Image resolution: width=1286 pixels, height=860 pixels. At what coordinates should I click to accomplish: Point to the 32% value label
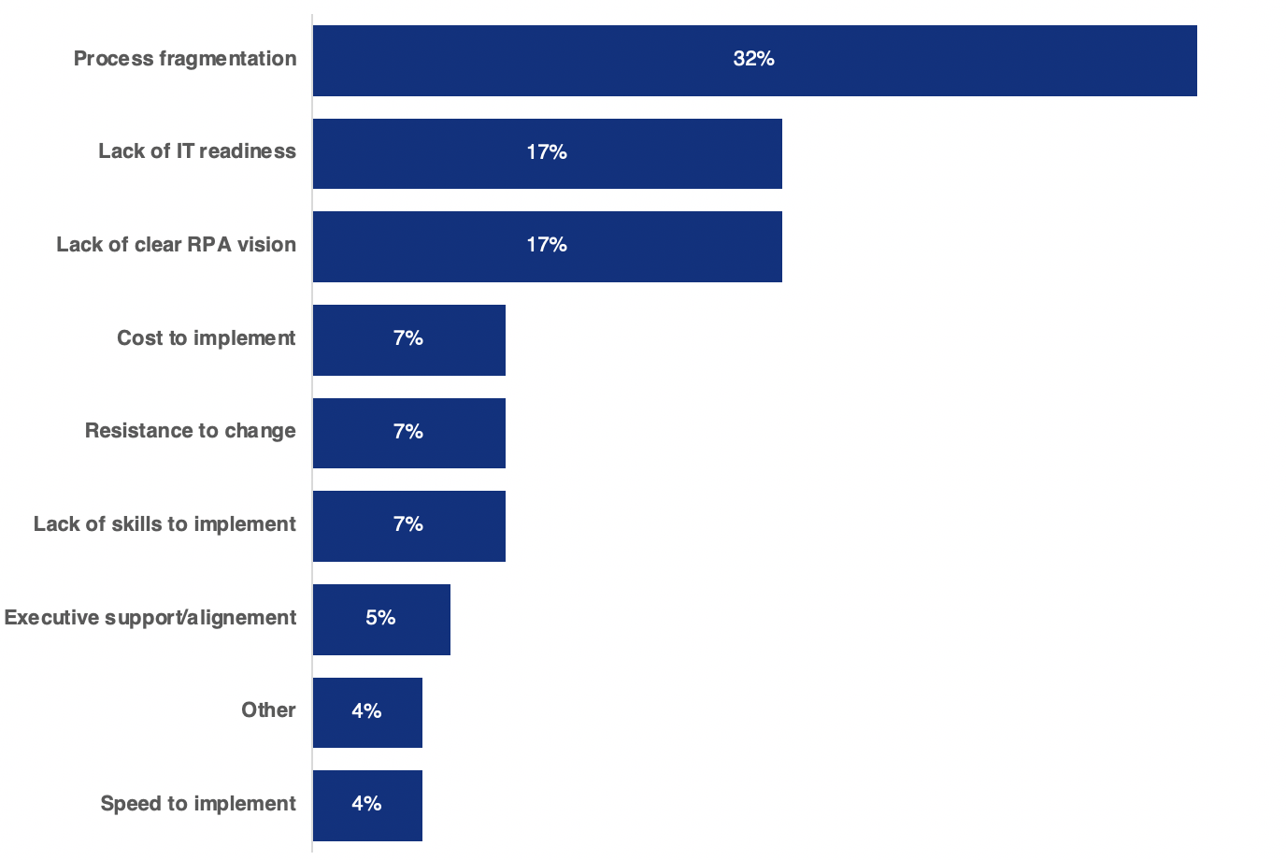tap(753, 59)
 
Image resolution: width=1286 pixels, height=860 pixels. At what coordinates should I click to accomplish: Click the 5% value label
tap(380, 618)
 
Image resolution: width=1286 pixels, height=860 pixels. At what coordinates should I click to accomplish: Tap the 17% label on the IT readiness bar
tap(547, 152)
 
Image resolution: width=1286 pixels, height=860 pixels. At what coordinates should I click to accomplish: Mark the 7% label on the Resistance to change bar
tap(408, 432)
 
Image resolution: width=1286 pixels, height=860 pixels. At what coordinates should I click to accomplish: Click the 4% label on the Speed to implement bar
tap(366, 804)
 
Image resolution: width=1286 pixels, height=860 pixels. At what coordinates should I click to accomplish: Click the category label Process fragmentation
tap(185, 59)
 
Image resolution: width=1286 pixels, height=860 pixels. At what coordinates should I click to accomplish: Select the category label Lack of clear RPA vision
tap(176, 245)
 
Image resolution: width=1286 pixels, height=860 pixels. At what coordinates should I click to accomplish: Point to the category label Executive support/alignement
tap(150, 618)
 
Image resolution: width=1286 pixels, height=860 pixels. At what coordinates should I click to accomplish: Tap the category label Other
tap(268, 710)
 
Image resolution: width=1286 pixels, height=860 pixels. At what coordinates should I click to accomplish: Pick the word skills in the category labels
tap(136, 524)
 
